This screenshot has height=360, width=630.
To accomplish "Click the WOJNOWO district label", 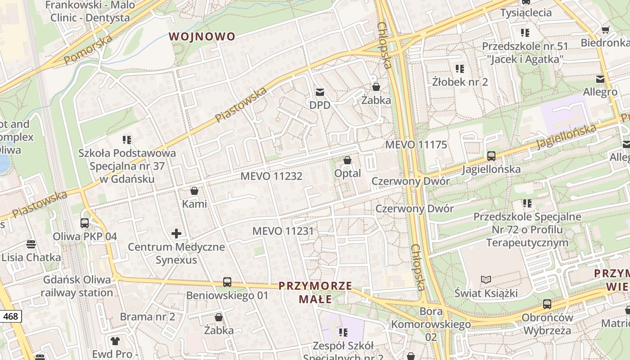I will (202, 36).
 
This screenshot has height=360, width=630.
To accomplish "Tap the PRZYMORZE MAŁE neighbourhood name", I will (315, 292).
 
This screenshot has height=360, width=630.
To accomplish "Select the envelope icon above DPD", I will (319, 92).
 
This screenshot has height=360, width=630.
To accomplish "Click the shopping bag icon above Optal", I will (347, 160).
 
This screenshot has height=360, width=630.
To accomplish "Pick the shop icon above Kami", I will (194, 191).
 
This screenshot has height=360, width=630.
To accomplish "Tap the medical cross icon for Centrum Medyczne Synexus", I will (176, 234).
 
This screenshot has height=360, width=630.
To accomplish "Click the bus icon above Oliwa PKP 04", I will (85, 223).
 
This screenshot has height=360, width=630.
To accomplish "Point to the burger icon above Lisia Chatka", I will (31, 244).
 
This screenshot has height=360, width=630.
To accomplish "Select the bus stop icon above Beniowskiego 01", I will (227, 283).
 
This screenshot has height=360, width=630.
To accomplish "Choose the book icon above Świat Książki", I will (486, 280).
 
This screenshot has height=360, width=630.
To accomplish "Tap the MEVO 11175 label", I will (416, 144).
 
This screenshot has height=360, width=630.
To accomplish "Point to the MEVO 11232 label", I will (271, 176).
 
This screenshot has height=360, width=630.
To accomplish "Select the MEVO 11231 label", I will (283, 231).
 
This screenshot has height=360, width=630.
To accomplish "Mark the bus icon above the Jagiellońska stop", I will (491, 156).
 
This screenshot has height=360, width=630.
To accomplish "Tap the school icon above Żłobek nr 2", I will (459, 69).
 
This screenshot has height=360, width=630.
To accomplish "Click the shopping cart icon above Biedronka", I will (605, 30).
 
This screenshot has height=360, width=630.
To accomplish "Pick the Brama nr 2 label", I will (147, 316).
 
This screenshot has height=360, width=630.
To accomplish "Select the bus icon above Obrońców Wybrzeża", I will (547, 304).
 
